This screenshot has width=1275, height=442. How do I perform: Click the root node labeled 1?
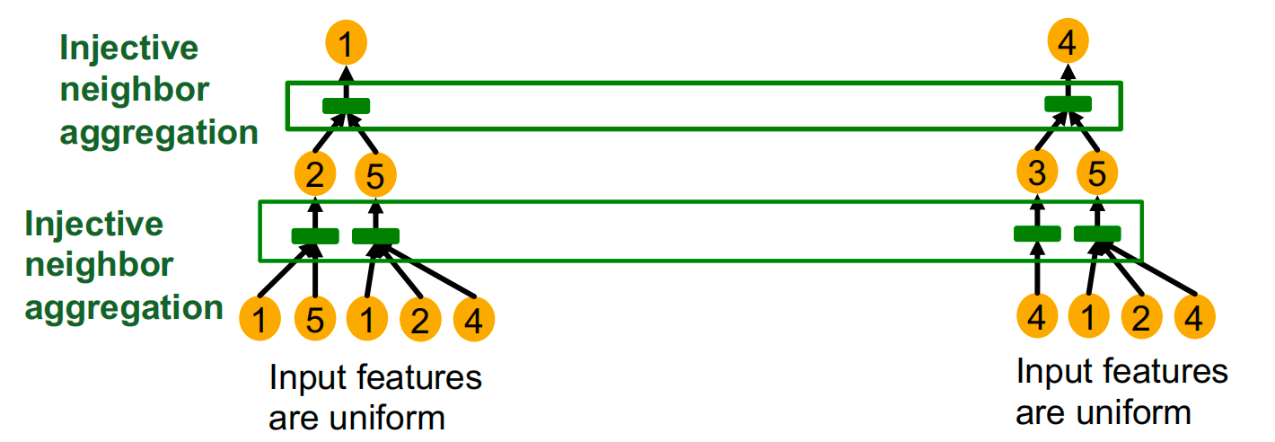pos(347,41)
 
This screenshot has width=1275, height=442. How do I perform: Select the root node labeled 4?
pos(1068,41)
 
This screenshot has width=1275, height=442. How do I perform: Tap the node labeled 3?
pos(1037,174)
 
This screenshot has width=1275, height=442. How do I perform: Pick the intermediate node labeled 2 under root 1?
pos(314,174)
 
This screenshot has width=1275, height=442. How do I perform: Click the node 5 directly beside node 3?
pos(1097,175)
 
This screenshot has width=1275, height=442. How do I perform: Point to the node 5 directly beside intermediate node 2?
pos(375,176)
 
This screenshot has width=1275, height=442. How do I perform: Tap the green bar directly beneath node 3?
pos(1037,234)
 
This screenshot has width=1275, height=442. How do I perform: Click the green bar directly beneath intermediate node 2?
pos(315,236)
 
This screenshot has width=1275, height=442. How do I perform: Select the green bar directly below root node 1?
pos(347,106)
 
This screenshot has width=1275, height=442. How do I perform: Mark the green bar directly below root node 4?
pos(1068,104)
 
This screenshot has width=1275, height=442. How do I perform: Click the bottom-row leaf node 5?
pos(314,319)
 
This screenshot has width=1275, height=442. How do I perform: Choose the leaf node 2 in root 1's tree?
pos(418,319)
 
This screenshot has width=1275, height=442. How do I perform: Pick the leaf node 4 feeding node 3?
pos(1037,317)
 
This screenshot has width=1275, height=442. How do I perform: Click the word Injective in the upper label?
pos(128,48)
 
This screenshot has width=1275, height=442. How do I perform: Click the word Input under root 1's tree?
pos(306,377)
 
